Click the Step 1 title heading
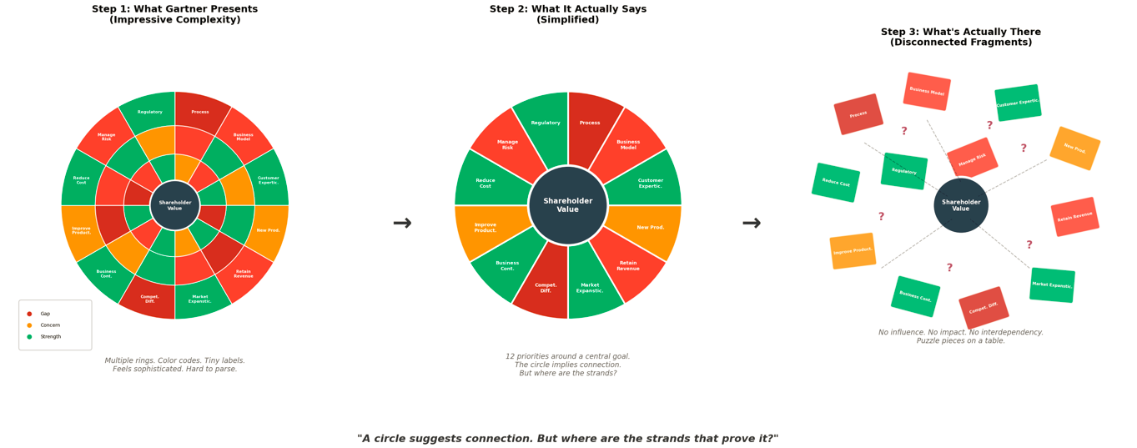tap(174, 15)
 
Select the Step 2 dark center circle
tap(567, 205)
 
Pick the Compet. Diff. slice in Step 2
tap(546, 288)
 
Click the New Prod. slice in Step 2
tap(651, 227)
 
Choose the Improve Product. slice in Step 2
tap(485, 227)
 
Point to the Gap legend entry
tap(45, 314)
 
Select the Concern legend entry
tap(50, 325)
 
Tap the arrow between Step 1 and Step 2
tap(402, 224)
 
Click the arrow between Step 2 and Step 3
tap(752, 224)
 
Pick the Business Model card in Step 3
tap(927, 92)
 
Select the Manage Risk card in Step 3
tap(972, 159)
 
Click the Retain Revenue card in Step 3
tap(1074, 217)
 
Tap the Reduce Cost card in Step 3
tap(836, 183)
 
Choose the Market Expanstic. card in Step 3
tap(1052, 285)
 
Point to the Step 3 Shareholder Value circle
tap(961, 205)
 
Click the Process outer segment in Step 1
tap(200, 111)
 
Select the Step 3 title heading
tap(961, 38)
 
